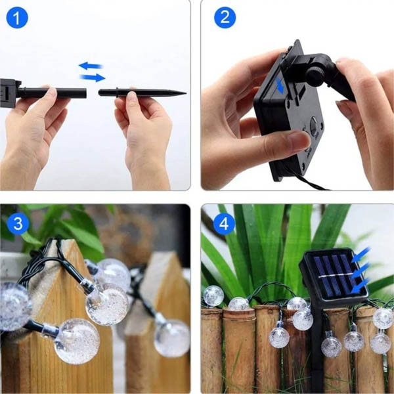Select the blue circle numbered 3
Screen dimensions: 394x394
[x=18, y=224]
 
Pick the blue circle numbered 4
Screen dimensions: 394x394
[x=225, y=224]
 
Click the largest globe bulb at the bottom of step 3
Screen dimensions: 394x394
[x=77, y=341]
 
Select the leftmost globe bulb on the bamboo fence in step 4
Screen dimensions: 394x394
[x=213, y=295]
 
